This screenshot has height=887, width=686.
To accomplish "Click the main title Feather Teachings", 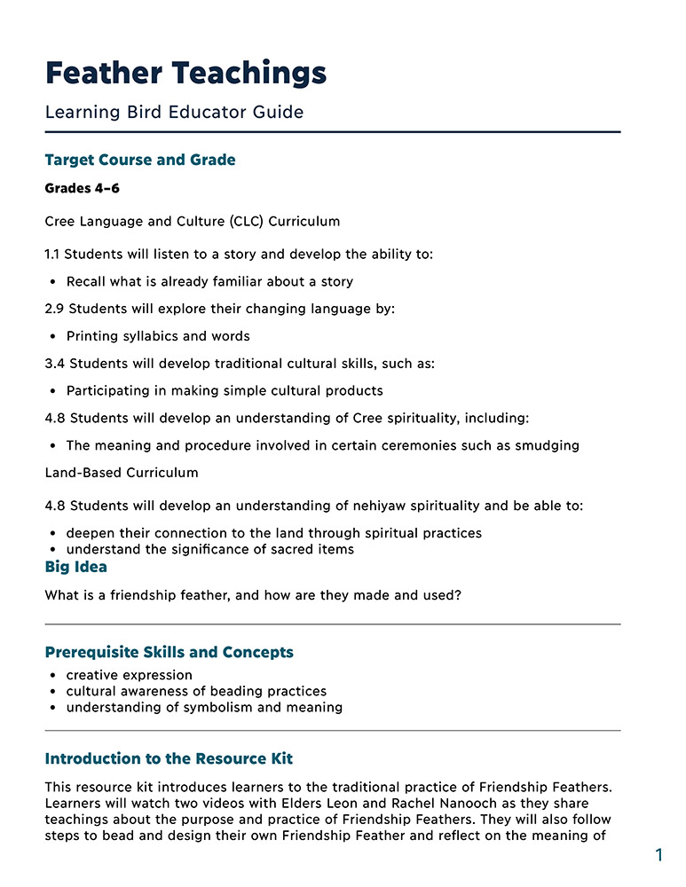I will pyautogui.click(x=185, y=73).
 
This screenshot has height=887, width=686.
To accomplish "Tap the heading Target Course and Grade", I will pyautogui.click(x=140, y=161).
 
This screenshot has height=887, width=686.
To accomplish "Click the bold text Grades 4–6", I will pyautogui.click(x=82, y=189).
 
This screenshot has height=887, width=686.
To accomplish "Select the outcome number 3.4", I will pyautogui.click(x=54, y=364).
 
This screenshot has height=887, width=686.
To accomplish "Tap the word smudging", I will pyautogui.click(x=546, y=445).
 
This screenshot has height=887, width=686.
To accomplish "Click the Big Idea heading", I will pyautogui.click(x=75, y=567).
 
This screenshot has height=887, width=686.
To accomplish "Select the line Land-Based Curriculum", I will pyautogui.click(x=122, y=473).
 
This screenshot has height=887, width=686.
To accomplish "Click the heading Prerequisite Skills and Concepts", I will pyautogui.click(x=169, y=652).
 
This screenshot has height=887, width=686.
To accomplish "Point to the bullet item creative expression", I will pyautogui.click(x=129, y=675).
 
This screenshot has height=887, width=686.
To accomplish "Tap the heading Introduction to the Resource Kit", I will pyautogui.click(x=169, y=758).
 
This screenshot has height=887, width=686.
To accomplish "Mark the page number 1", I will pyautogui.click(x=658, y=855).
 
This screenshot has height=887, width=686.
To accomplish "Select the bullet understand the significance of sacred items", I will pyautogui.click(x=209, y=549).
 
